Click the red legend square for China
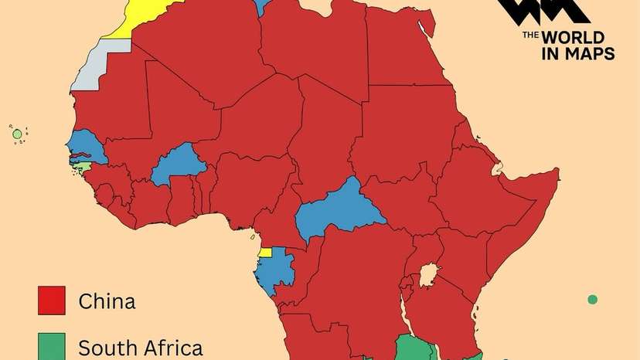click(x=52, y=300)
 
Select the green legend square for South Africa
click(x=52, y=346)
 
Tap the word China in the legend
click(x=107, y=301)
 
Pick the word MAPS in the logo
click(x=591, y=53)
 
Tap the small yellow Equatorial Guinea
click(x=265, y=252)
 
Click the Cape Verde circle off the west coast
click(x=17, y=134)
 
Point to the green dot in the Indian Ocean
click(x=592, y=300)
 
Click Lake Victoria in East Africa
click(x=427, y=275)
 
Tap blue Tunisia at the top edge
click(x=261, y=7)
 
